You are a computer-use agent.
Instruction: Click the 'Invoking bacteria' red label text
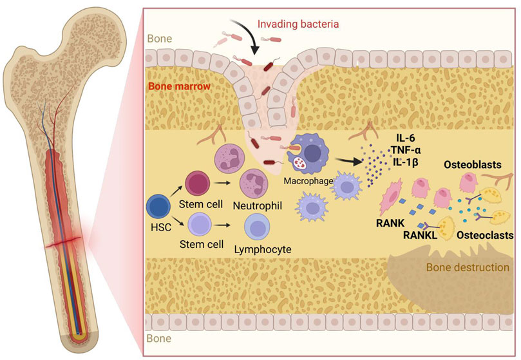tap(298, 24)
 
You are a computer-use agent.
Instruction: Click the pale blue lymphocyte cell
tap(258, 229)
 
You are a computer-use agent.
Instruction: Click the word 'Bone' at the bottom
tap(159, 336)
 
